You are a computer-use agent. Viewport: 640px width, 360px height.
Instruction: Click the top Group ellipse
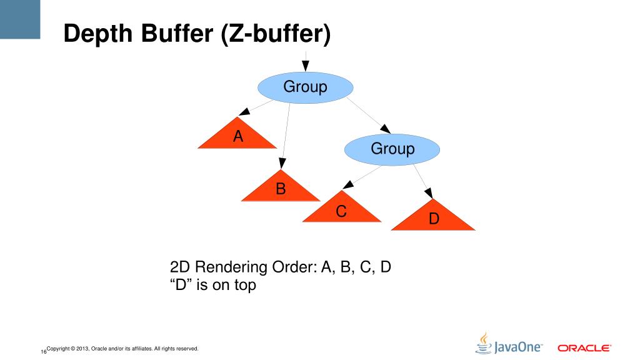[305, 87]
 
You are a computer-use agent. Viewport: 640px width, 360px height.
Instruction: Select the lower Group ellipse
[392, 149]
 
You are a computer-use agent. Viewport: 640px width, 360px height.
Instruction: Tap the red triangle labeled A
[237, 137]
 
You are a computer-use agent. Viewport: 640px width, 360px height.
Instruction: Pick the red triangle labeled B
[281, 189]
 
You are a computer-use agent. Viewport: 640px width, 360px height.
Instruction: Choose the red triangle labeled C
[341, 211]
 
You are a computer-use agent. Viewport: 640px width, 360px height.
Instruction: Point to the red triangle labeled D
[433, 219]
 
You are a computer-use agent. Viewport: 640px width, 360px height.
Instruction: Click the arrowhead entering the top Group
[305, 66]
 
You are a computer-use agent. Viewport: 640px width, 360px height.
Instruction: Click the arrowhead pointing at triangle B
[283, 164]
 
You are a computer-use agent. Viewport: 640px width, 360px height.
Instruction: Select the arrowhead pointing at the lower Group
[386, 129]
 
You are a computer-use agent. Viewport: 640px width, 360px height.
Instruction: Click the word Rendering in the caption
[232, 267]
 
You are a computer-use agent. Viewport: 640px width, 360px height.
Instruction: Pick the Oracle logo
[584, 347]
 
